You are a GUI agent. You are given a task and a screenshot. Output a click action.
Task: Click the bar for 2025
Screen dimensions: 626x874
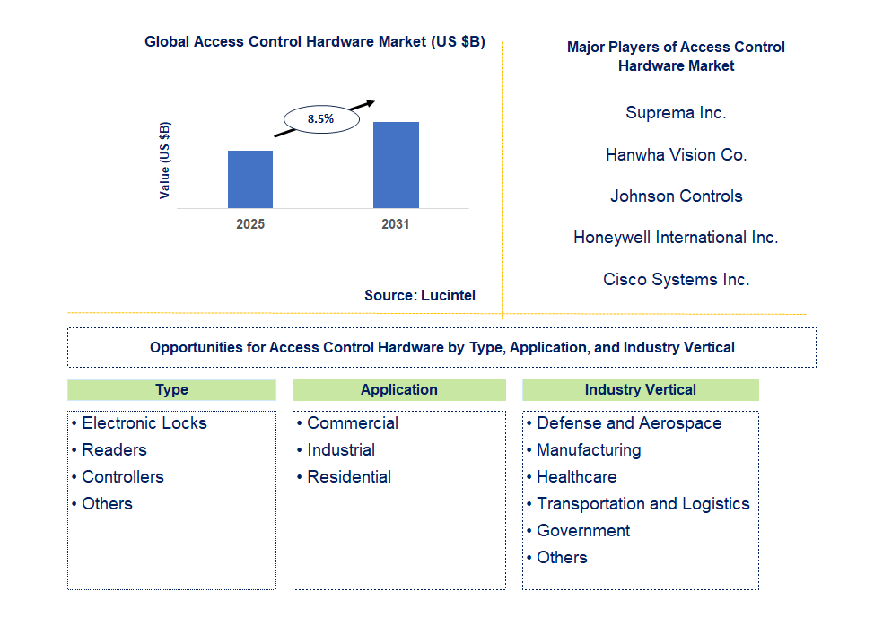250,179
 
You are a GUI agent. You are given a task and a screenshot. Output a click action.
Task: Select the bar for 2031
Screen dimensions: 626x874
396,165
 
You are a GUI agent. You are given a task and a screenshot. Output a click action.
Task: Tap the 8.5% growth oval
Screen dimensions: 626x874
321,118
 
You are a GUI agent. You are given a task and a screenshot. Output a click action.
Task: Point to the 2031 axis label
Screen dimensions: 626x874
396,224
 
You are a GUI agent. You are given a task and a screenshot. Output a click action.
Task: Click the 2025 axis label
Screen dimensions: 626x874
250,224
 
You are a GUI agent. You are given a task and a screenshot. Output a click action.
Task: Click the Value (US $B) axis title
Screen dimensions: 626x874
165,160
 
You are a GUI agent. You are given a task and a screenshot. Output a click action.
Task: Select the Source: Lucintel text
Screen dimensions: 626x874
420,295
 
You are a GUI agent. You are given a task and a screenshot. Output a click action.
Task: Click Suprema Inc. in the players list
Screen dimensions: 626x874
676,113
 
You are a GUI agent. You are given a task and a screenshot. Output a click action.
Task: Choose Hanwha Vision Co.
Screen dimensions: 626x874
676,155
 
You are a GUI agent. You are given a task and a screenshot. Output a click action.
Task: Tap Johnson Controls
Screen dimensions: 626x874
676,196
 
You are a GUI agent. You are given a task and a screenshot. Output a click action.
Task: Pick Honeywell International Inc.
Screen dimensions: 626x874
676,238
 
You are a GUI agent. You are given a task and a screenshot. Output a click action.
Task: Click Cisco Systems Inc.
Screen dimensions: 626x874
676,280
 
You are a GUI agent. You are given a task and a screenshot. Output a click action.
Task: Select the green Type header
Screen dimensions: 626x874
171,390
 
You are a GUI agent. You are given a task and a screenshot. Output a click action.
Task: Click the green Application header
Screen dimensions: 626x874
398,390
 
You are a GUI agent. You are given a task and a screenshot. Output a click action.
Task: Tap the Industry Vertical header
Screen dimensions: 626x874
640,390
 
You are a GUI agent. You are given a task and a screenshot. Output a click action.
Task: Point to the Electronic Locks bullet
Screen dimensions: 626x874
144,423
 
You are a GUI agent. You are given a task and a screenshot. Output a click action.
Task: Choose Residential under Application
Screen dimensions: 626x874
348,477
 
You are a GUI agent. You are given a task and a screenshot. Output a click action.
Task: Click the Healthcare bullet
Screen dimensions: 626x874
576,477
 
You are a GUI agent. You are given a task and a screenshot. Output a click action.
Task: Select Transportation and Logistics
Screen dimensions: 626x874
642,504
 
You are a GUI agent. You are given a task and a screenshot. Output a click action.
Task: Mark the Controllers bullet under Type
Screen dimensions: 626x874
122,477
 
